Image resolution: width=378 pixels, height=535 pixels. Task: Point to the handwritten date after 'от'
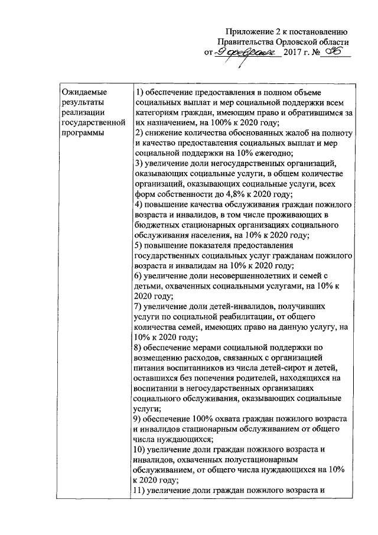pos(245,53)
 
